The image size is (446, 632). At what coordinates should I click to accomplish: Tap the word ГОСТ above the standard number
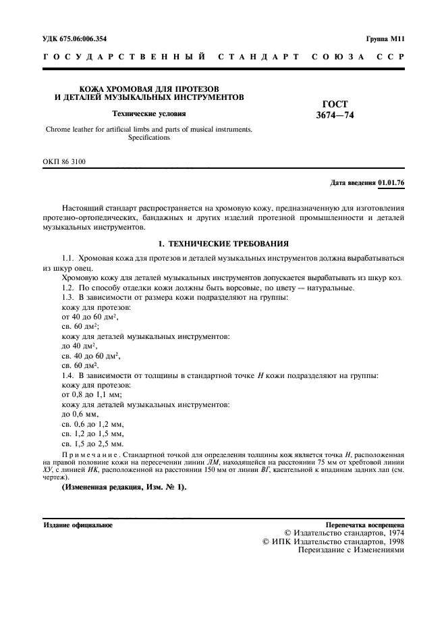(x=335, y=105)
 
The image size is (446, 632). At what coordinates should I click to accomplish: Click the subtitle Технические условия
(x=148, y=113)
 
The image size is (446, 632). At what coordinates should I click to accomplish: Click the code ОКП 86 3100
(x=65, y=161)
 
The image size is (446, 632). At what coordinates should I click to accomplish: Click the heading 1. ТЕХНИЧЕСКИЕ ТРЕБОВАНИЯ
(x=223, y=242)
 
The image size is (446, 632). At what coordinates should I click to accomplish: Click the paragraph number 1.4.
(x=67, y=374)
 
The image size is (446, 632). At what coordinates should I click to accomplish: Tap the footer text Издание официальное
(x=78, y=524)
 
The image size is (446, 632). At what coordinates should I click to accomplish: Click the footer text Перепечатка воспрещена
(x=364, y=524)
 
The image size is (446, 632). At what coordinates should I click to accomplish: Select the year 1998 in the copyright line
(x=393, y=541)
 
